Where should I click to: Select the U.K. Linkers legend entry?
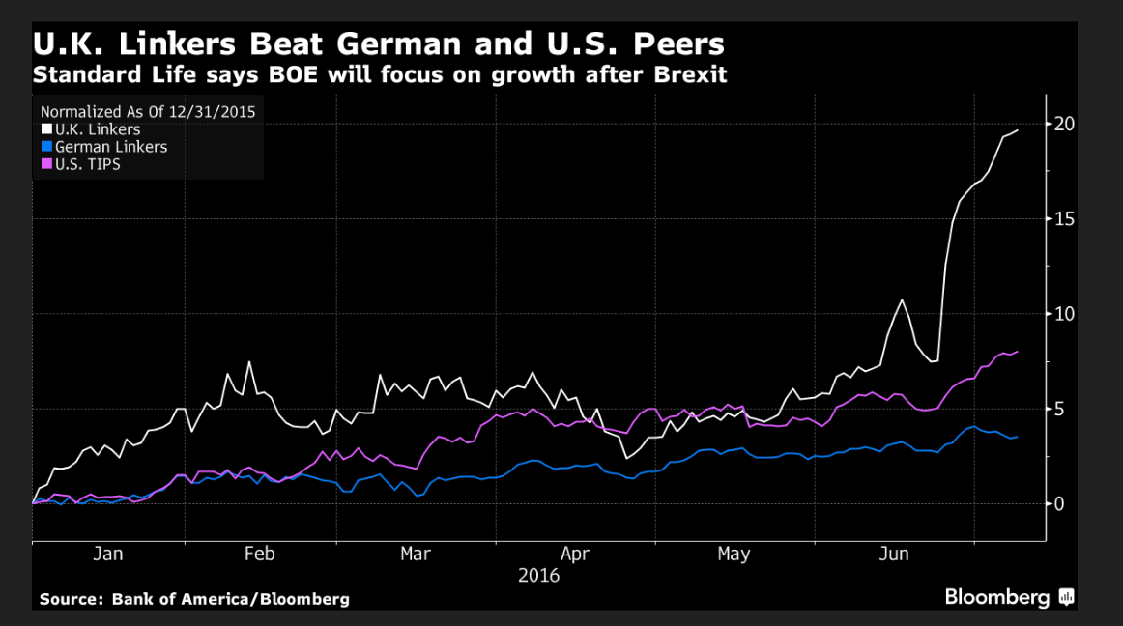point(98,129)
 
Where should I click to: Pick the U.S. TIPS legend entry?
point(88,164)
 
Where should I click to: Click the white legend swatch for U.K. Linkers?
point(45,129)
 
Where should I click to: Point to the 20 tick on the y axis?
point(1064,124)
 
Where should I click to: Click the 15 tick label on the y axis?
point(1064,219)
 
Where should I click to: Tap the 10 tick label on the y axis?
point(1064,314)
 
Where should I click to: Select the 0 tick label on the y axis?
point(1059,503)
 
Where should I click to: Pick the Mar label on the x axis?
point(416,555)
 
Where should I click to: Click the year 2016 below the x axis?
point(538,576)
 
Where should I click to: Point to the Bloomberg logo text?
point(997,598)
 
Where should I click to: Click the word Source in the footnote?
point(71,599)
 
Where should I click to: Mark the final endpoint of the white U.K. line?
point(1018,130)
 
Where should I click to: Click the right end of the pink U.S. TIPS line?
point(1018,352)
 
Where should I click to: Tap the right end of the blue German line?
point(1017,437)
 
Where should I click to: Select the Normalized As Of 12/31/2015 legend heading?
point(148,111)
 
